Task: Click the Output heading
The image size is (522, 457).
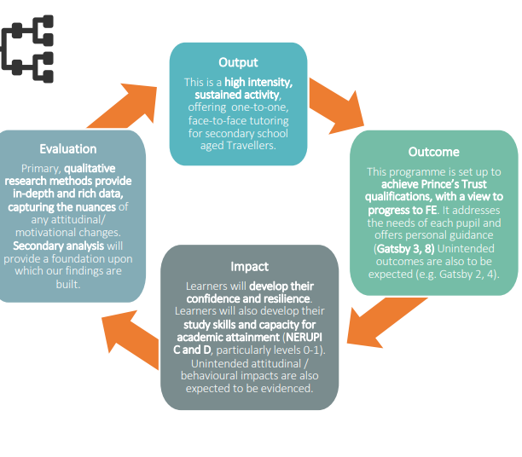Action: pos(238,62)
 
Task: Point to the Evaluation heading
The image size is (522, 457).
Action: pos(68,148)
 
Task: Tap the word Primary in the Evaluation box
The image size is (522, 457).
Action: pos(40,168)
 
